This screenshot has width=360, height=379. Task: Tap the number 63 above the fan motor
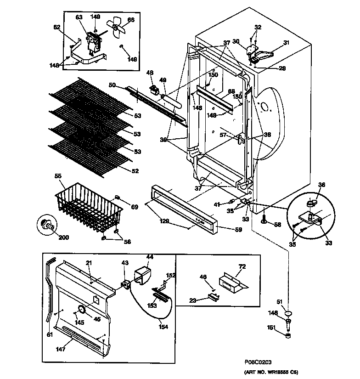pyautogui.click(x=79, y=17)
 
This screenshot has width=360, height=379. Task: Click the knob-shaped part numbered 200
pyautogui.click(x=46, y=225)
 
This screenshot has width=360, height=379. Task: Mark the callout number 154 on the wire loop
pyautogui.click(x=163, y=327)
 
